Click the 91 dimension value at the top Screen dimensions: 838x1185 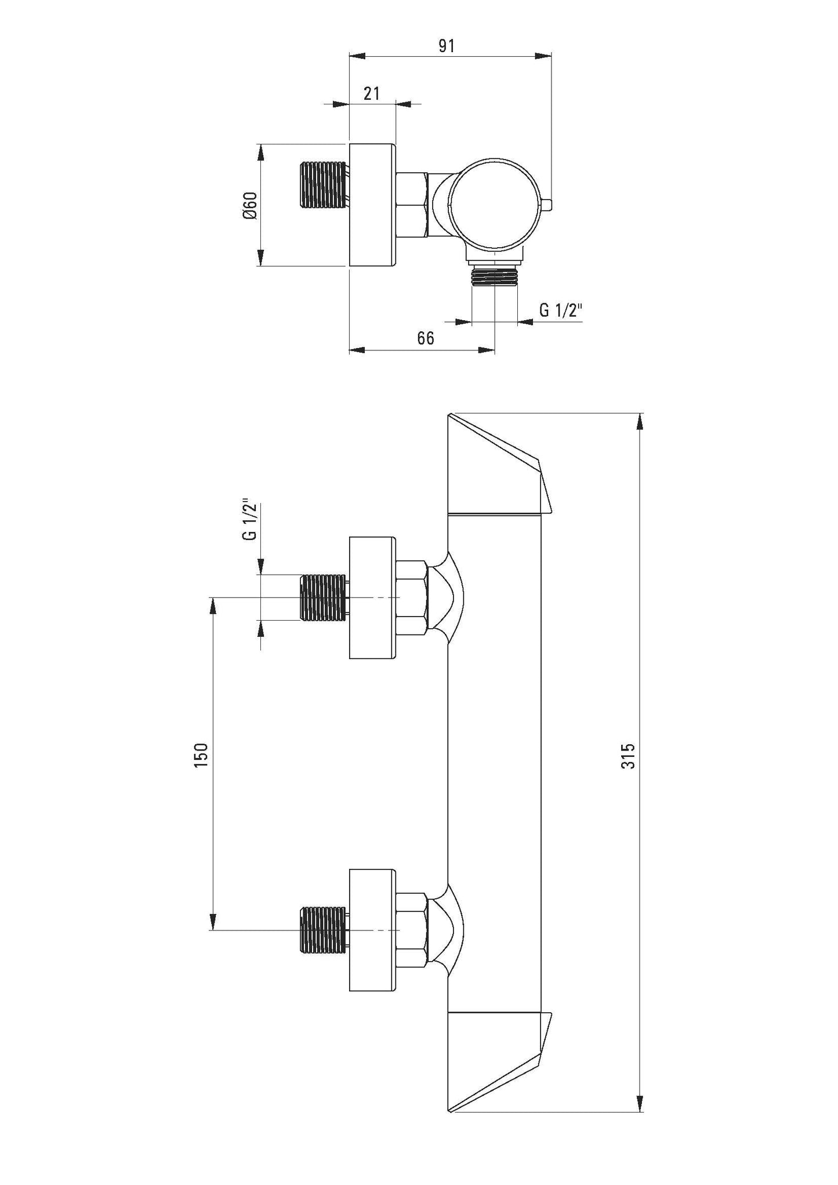coord(446,46)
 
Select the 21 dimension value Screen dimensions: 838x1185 coord(371,93)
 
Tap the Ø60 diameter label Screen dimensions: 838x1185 coord(250,206)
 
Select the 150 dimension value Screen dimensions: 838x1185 coord(201,755)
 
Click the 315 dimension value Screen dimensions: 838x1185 coord(629,756)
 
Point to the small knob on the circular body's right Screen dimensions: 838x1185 coord(548,205)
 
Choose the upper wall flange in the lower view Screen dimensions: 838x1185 coord(372,598)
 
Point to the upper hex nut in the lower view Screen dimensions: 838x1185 coord(412,597)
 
